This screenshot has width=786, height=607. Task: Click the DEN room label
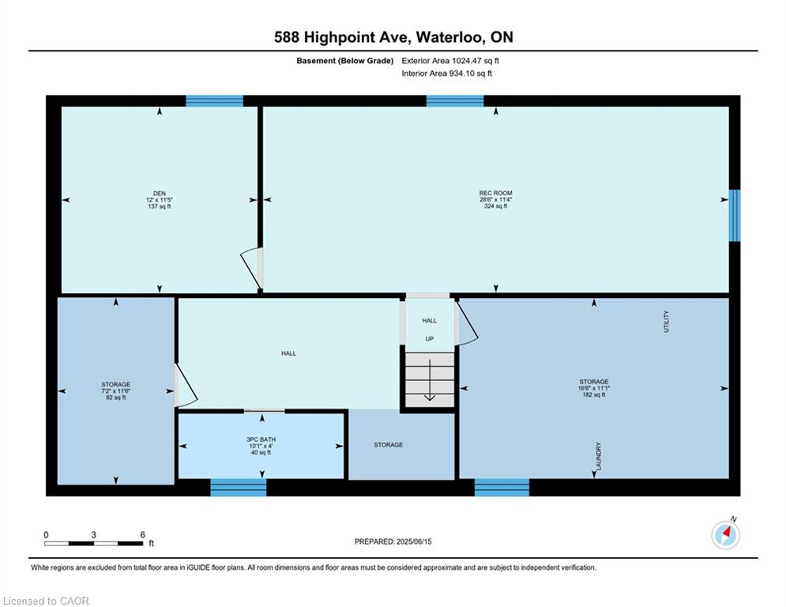pos(160,193)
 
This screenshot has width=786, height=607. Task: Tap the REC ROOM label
pos(496,193)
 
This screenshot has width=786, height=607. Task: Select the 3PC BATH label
pos(261,439)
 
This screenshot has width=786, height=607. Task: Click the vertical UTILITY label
pos(666,321)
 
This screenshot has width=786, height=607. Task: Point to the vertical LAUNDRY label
pos(598,456)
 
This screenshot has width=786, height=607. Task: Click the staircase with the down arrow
pos(430,379)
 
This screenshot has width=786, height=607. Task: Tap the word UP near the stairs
pos(430,338)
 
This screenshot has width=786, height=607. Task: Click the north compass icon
pos(725,535)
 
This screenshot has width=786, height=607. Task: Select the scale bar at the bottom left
pos(94,543)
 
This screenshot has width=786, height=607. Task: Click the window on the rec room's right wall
pos(735,215)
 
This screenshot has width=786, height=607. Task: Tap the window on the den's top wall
pos(215,101)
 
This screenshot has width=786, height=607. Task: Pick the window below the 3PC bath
pos(238,488)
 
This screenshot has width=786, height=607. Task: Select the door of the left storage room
pos(185,385)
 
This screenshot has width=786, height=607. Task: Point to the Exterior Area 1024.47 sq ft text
pos(450,61)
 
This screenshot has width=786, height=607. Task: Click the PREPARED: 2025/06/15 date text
pos(393,541)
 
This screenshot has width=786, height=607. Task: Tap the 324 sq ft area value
pos(496,205)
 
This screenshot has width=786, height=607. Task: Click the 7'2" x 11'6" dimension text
pos(116,390)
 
